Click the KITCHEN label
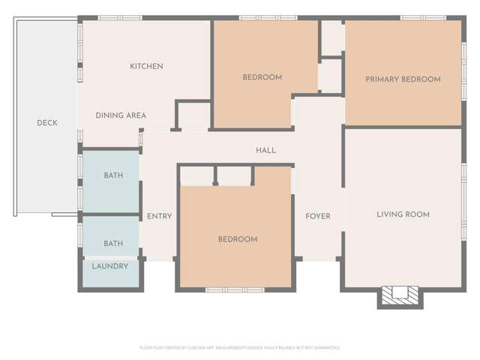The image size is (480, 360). coord(146,67)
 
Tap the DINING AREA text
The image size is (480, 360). coord(121,115)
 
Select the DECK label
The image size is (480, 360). coord(47,123)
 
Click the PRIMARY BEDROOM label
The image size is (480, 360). coord(403,79)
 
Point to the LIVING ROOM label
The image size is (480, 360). coord(403,214)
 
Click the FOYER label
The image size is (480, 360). coord(318,217)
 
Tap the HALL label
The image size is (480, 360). coord(265,151)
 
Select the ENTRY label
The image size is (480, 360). coord(159,217)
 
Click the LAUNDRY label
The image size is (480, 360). coord(110,266)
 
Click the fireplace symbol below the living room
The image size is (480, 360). coord(399,296)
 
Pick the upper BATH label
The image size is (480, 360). coord(113,175)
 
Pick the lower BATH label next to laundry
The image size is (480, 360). coord(113,244)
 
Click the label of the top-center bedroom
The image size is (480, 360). coord(262,77)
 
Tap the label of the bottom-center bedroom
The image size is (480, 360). coord(238,240)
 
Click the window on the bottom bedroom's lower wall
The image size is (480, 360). coord(235,289)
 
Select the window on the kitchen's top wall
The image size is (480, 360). coord(120,17)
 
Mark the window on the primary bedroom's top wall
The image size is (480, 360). coord(422,17)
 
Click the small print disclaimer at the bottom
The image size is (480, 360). coord(240,348)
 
